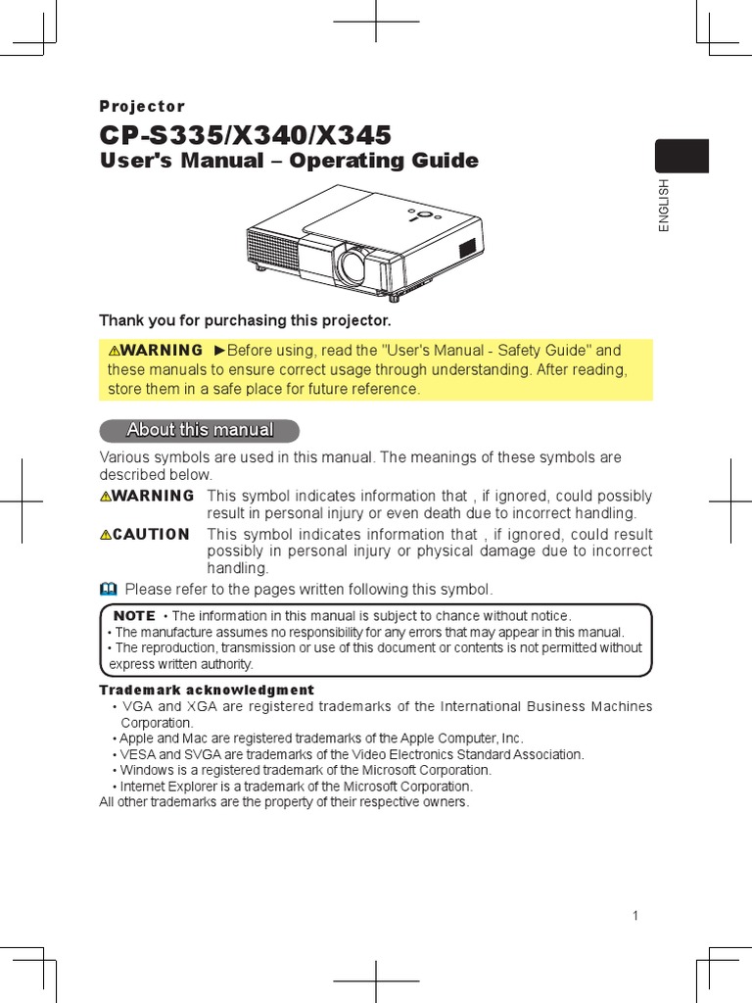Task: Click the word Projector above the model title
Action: click(142, 107)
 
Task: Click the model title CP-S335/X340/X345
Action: click(245, 134)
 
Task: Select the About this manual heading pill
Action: click(200, 430)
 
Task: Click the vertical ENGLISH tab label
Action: click(664, 205)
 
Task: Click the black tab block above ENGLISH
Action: click(681, 157)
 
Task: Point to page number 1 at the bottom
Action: click(635, 916)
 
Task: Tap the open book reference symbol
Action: click(108, 589)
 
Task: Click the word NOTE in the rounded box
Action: click(134, 615)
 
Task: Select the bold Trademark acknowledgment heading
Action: click(207, 691)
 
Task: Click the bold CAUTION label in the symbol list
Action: click(151, 534)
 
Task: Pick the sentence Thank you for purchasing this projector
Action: click(245, 320)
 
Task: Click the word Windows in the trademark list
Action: click(143, 770)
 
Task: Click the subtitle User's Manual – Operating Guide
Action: click(289, 161)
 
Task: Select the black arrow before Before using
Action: click(219, 350)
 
